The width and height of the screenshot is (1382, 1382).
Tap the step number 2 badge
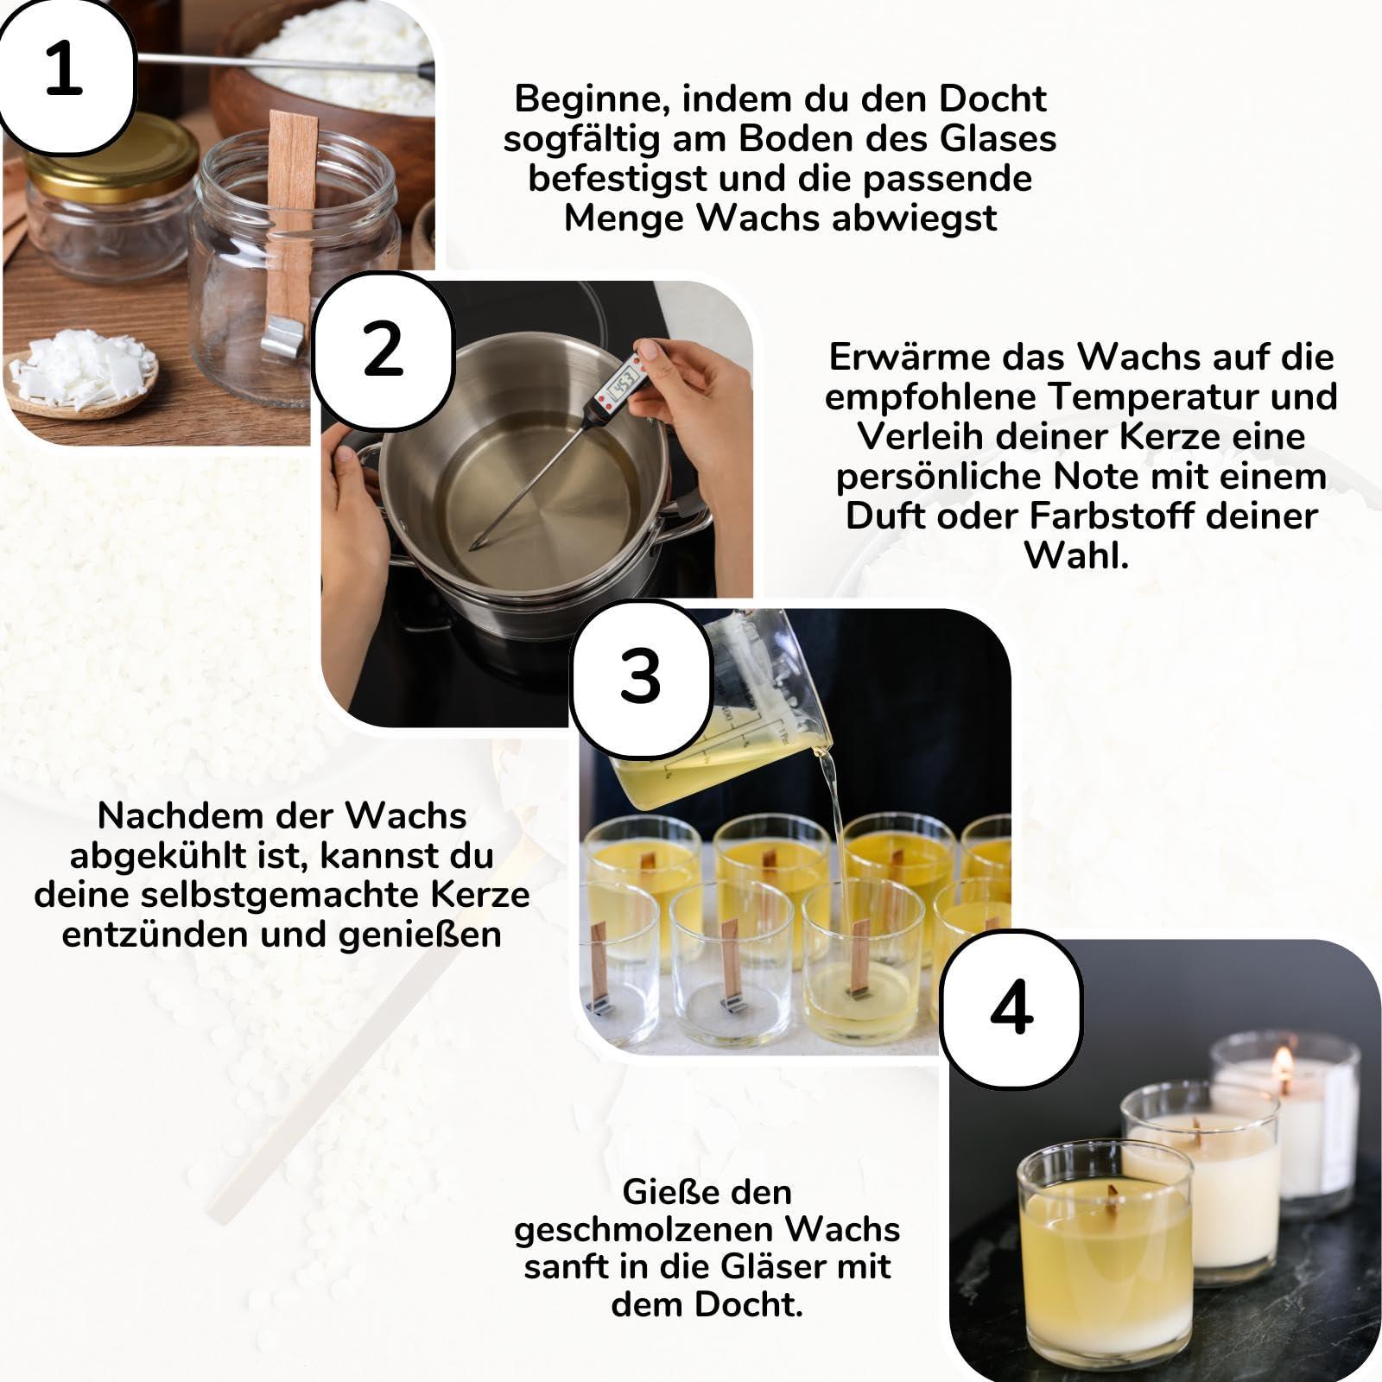point(384,349)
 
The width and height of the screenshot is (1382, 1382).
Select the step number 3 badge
point(640,676)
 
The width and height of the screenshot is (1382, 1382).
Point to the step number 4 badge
point(1011,1007)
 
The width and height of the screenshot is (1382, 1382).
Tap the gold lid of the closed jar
point(111,156)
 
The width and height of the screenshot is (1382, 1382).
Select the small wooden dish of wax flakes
point(82,380)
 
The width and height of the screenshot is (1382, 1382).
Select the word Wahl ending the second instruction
point(1076,555)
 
